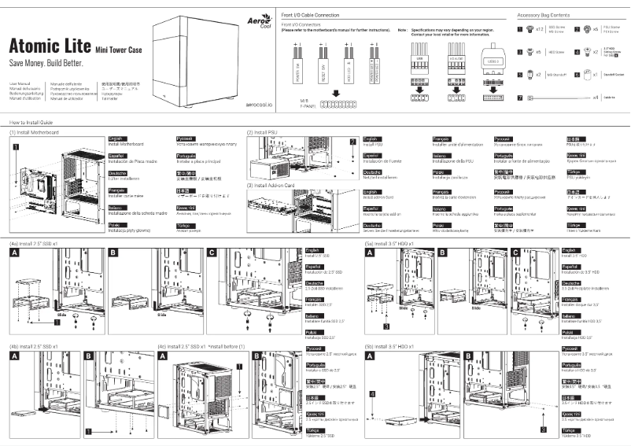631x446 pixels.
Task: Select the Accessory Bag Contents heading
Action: pos(544,16)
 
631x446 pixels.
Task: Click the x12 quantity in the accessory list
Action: pos(541,30)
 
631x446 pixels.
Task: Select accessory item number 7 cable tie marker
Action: pos(520,97)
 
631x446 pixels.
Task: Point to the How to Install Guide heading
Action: pos(31,123)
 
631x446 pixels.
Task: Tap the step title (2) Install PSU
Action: pos(262,133)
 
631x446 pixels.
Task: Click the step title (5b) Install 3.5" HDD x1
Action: pos(390,345)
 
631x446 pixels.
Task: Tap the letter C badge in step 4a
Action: pos(212,252)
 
